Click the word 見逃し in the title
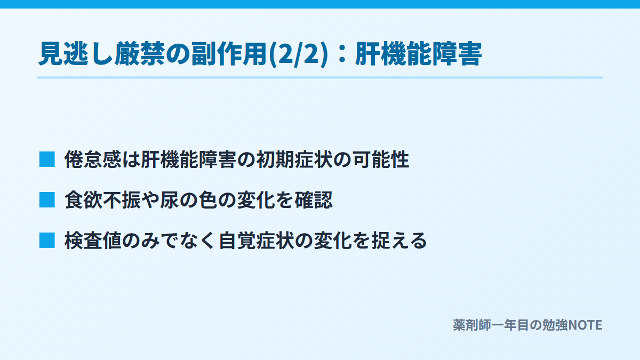(x=76, y=54)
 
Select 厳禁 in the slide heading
(x=140, y=54)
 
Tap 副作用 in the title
(x=229, y=54)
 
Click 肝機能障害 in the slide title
(x=419, y=54)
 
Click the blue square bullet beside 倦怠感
(x=47, y=159)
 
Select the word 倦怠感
(x=93, y=159)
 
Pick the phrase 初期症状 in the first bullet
(x=294, y=159)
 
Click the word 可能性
(x=381, y=159)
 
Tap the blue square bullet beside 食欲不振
(x=47, y=199)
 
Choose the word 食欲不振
(x=103, y=199)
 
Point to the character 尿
(x=170, y=199)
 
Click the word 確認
(x=314, y=199)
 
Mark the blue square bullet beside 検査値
(x=47, y=241)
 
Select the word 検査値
(x=93, y=241)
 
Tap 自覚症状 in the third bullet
(x=257, y=241)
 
